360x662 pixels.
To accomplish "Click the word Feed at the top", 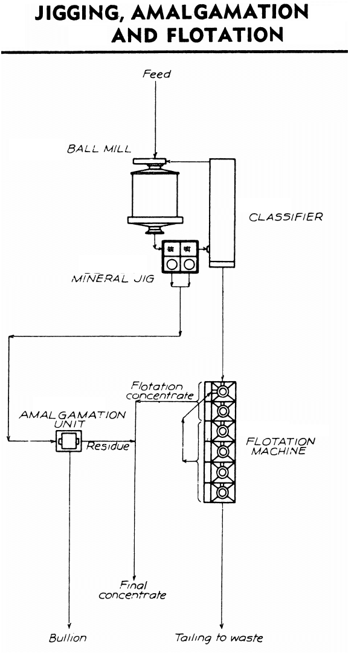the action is click(156, 74).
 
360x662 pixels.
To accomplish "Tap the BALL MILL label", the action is click(98, 149).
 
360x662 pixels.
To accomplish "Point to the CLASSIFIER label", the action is click(286, 217).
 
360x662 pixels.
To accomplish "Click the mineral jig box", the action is click(180, 256).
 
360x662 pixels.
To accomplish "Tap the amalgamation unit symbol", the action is click(69, 441).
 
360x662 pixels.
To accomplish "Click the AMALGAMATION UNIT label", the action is click(72, 419).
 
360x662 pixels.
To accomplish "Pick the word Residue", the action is click(108, 446).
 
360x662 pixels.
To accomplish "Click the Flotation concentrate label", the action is click(160, 391).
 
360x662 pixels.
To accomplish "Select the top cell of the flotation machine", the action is click(220, 391).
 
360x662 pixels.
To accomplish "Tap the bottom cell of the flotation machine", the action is click(220, 492).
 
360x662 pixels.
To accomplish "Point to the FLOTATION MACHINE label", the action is click(281, 446).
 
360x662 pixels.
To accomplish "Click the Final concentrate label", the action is click(132, 590).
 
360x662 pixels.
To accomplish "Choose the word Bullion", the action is click(68, 637).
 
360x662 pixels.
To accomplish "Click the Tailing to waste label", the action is click(219, 638).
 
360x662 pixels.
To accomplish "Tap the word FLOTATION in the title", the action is click(225, 36).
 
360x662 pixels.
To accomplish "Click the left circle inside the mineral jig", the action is click(172, 265).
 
